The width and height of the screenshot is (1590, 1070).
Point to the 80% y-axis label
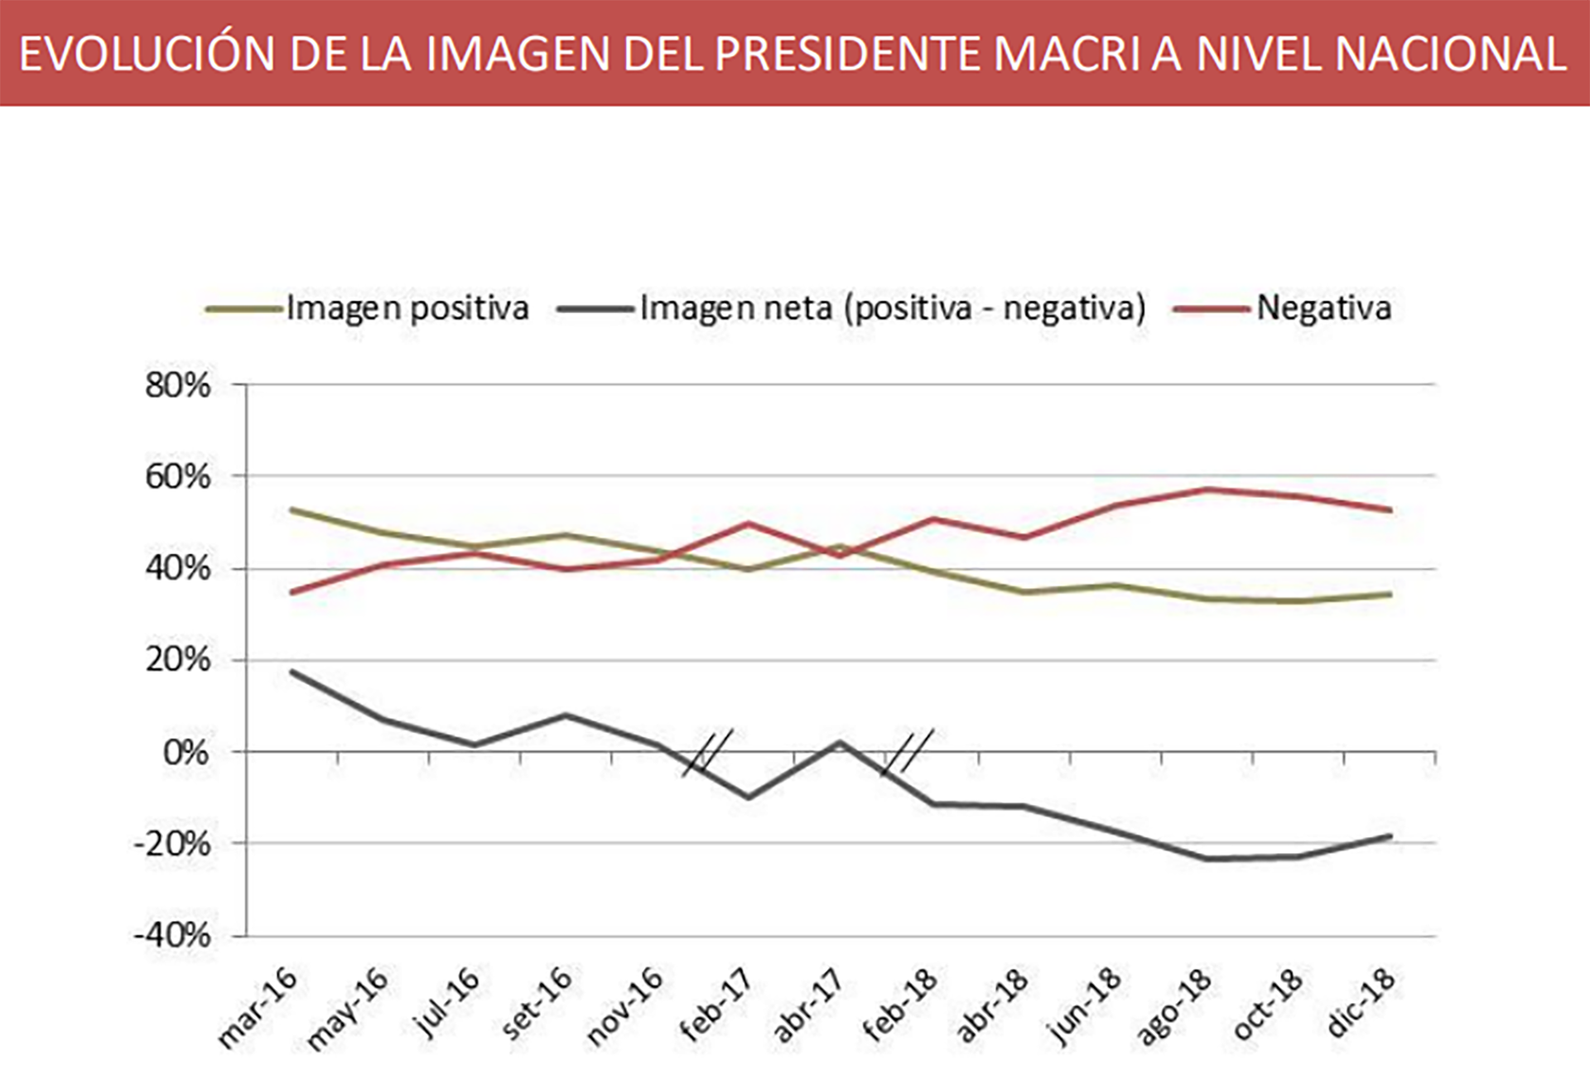[177, 386]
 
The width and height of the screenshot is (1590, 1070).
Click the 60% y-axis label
[177, 477]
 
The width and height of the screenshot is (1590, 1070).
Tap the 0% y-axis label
[185, 753]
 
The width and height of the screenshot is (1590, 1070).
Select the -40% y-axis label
[172, 936]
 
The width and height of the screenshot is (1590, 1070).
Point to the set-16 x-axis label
[536, 1004]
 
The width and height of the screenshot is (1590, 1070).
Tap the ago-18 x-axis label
[1173, 1006]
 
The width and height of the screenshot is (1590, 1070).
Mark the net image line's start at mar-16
[291, 672]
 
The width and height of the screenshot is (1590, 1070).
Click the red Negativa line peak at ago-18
[1207, 489]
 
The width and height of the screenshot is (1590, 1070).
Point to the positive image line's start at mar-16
[291, 510]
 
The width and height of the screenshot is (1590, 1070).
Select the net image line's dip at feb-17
[749, 798]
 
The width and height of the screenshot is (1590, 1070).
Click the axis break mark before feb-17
[707, 752]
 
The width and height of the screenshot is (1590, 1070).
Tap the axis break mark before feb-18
[908, 752]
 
